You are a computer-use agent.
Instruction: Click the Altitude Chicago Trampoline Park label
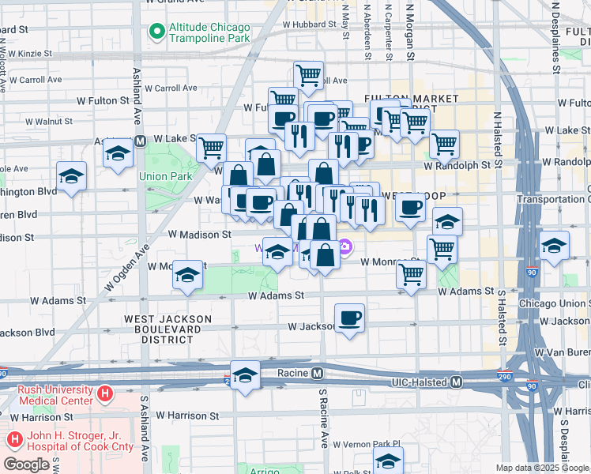coord(209,32)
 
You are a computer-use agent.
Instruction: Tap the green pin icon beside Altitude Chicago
coord(156,32)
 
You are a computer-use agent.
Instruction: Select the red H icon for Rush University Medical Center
coord(104,393)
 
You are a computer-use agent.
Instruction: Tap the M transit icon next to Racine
coord(317,373)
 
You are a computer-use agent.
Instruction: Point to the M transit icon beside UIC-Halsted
coord(456,382)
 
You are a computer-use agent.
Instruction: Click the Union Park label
coord(166,176)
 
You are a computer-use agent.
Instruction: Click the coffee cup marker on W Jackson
coord(350,318)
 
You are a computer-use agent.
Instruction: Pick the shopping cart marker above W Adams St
coord(411,275)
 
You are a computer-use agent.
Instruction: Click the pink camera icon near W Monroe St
coord(345,247)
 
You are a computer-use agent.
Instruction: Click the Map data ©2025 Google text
coord(541,468)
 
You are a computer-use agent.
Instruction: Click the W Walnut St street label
coord(48,122)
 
